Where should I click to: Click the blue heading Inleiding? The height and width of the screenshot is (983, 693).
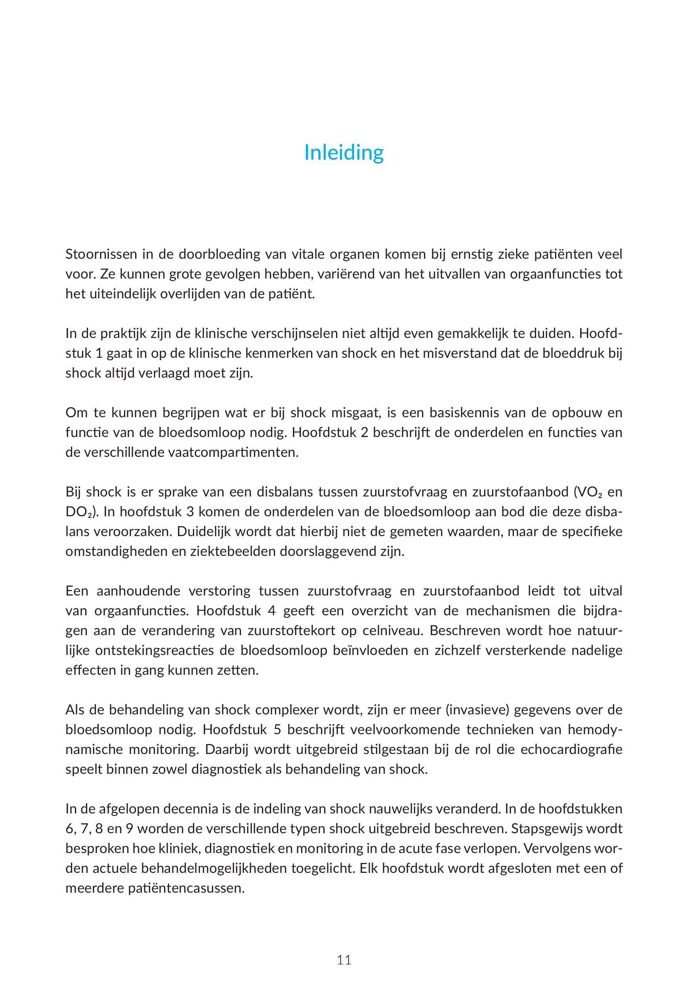click(344, 153)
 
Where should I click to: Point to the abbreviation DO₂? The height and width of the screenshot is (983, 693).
click(80, 512)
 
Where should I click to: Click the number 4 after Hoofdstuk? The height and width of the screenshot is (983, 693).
click(271, 611)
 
